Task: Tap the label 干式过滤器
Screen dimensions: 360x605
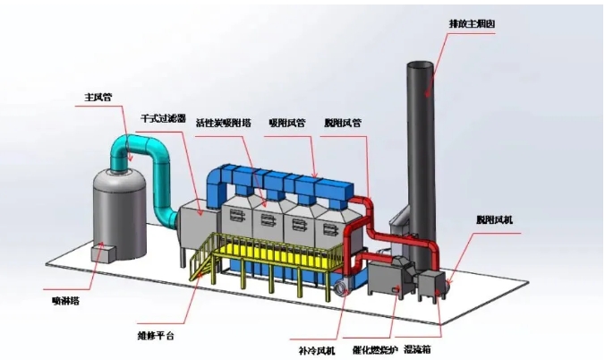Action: pos(163,118)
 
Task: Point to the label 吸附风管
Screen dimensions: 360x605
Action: pos(285,124)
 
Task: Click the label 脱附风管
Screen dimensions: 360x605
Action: pos(343,124)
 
